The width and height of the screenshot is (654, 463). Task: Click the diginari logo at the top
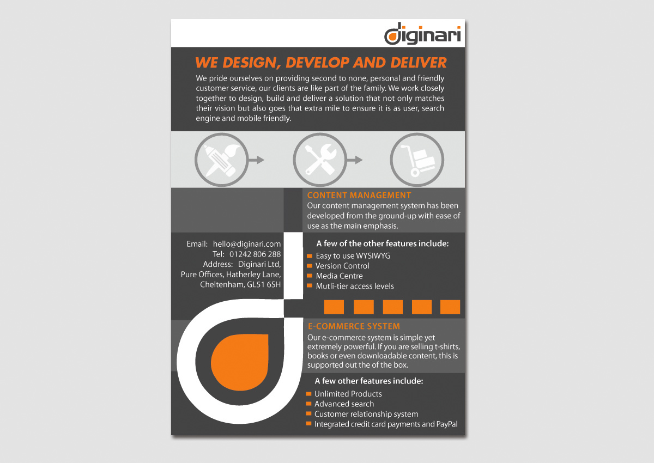pyautogui.click(x=422, y=34)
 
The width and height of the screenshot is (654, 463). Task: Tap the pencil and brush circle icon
pyautogui.click(x=221, y=160)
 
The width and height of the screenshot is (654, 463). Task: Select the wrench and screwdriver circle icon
pyautogui.click(x=319, y=160)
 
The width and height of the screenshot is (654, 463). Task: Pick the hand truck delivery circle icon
pyautogui.click(x=417, y=160)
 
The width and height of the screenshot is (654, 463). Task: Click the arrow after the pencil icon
pyautogui.click(x=256, y=160)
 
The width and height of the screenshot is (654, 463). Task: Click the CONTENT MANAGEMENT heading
pyautogui.click(x=359, y=195)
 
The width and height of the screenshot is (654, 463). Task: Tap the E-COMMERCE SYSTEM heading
pyautogui.click(x=354, y=326)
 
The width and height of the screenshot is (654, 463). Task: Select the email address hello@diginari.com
pyautogui.click(x=247, y=244)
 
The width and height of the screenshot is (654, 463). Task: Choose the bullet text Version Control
pyautogui.click(x=342, y=266)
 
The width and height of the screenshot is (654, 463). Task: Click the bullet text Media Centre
pyautogui.click(x=339, y=276)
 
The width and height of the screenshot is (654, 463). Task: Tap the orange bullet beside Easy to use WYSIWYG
pyautogui.click(x=310, y=255)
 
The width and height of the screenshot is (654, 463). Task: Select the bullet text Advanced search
pyautogui.click(x=344, y=404)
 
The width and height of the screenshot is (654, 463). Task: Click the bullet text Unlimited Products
pyautogui.click(x=348, y=394)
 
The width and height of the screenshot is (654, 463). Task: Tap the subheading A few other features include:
pyautogui.click(x=369, y=381)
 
